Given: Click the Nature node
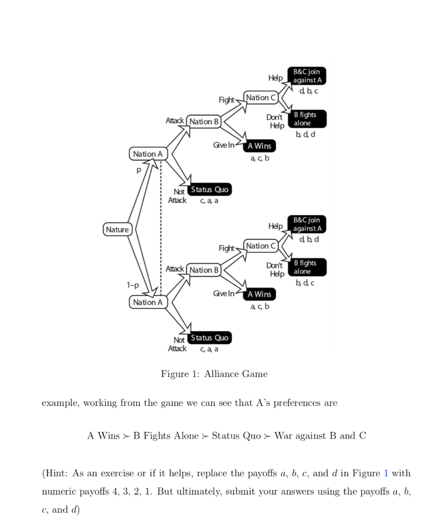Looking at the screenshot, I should (118, 229).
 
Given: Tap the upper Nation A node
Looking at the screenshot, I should (147, 154).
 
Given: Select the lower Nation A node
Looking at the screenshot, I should (147, 302).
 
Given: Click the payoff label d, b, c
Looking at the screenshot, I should (309, 91).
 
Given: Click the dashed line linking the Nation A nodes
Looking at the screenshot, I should (161, 229).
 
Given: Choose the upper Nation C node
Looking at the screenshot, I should (261, 98).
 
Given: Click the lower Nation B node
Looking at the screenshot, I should (204, 270).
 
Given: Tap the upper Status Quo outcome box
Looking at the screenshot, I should (210, 190).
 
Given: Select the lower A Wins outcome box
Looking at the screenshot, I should (259, 294).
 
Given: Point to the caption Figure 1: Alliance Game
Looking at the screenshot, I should (214, 374).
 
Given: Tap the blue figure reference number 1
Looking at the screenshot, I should (386, 473).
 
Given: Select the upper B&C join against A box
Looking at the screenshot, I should (308, 76).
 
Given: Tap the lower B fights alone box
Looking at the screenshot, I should (308, 267).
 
